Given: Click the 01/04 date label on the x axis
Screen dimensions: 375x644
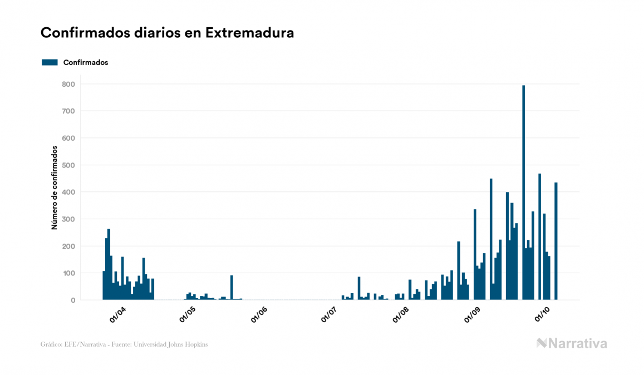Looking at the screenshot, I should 117,315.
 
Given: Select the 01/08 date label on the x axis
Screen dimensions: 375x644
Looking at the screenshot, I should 401,315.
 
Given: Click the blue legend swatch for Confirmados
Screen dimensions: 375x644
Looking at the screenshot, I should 50,62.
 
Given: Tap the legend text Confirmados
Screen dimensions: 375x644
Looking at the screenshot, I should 86,62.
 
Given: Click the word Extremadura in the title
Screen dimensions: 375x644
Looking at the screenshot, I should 249,33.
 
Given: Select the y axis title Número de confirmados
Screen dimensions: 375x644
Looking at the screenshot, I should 55,188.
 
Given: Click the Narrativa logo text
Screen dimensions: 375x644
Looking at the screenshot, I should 577,343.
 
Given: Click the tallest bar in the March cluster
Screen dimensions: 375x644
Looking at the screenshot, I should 109,264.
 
